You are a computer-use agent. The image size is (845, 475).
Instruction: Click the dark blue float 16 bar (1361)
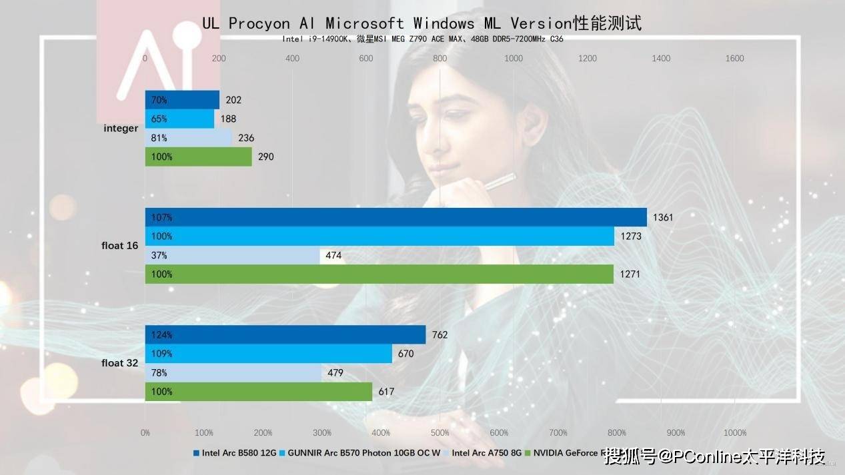tap(395, 217)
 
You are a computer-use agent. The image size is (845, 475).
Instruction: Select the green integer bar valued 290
tap(198, 157)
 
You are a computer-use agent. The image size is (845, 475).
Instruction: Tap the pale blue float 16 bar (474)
tap(232, 255)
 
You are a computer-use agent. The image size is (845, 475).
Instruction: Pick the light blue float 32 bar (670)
tap(268, 354)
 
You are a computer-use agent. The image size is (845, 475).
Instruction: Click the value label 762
tap(440, 335)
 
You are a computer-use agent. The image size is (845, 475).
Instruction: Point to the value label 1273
tap(630, 237)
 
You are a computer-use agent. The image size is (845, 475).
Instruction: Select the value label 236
tap(246, 139)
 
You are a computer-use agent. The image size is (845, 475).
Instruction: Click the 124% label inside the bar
tap(161, 335)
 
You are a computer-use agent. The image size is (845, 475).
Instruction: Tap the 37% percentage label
tap(159, 255)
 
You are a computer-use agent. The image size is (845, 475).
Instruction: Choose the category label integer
tap(121, 128)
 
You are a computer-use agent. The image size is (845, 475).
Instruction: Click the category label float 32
tap(120, 363)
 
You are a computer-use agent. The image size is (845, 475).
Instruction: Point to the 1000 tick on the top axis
tap(514, 59)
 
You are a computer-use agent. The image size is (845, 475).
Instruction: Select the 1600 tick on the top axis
tap(734, 59)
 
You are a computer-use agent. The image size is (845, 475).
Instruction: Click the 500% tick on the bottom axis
tap(440, 433)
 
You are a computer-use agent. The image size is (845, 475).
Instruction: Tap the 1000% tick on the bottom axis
tap(734, 433)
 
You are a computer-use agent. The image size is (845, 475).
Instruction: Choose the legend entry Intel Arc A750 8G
tap(486, 453)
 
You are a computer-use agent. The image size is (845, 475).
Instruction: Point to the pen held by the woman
tap(500, 181)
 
